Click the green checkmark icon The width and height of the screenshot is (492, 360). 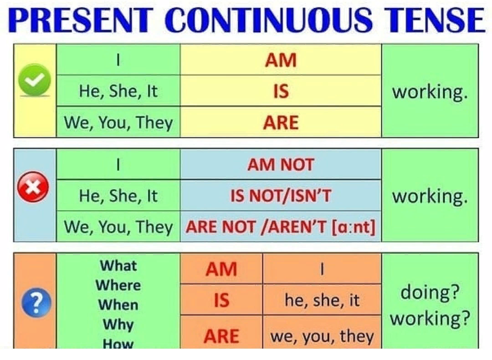tap(35, 80)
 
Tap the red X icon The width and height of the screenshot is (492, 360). tap(33, 187)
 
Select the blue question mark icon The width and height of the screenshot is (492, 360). tap(36, 301)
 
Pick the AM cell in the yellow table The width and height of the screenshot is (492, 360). tap(281, 60)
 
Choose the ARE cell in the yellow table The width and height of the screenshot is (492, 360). tap(281, 122)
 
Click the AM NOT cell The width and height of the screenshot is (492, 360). tap(281, 164)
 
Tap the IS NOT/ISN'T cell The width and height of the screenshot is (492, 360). tap(281, 195)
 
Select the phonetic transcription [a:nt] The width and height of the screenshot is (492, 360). tap(354, 227)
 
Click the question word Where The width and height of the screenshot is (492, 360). tap(118, 285)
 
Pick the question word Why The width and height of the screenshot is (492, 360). tap(118, 325)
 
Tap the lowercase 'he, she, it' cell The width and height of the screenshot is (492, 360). tap(322, 300)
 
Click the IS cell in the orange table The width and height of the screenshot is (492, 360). tap(221, 300)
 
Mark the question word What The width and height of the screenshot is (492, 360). tap(118, 266)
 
